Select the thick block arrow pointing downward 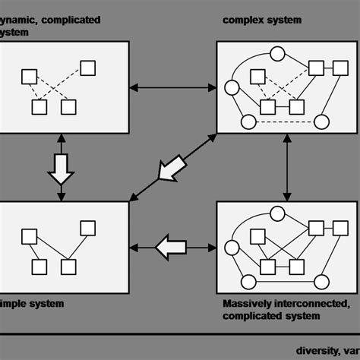(x=60, y=168)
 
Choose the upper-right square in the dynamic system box (x=88, y=68)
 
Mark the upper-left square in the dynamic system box (x=29, y=76)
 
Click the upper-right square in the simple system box (x=88, y=228)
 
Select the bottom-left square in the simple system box (x=39, y=267)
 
